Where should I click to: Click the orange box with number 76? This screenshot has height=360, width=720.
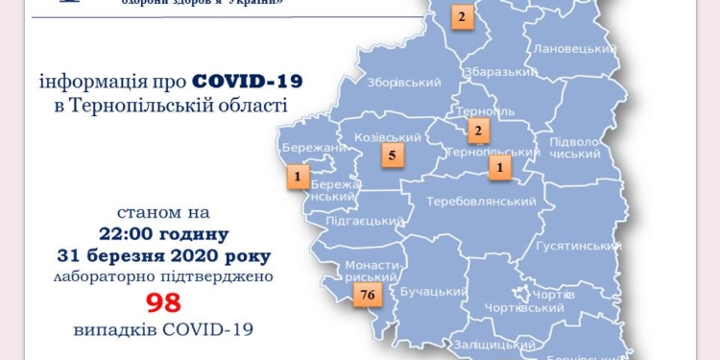[x=364, y=296]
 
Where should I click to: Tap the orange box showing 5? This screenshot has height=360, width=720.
[x=391, y=154]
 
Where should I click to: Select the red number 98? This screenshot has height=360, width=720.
[x=164, y=303]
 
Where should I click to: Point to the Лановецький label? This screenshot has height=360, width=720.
[x=574, y=49]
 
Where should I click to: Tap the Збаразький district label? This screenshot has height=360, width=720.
[x=499, y=72]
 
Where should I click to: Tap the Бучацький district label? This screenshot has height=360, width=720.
[x=434, y=289]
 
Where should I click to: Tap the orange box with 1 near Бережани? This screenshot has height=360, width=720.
[x=299, y=177]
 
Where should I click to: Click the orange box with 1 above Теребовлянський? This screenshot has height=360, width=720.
[x=499, y=168]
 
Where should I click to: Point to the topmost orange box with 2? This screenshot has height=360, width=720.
[x=462, y=16]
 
